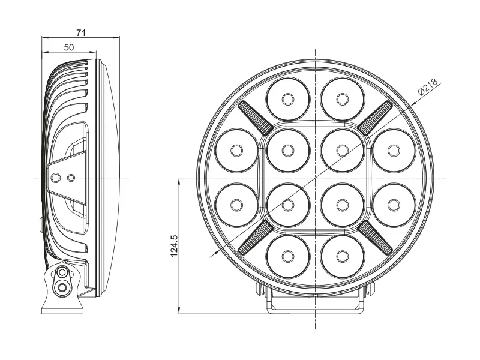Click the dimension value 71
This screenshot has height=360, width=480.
pos(81,33)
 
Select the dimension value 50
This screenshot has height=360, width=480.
pos(69,47)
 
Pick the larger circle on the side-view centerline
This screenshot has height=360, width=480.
pos(56,178)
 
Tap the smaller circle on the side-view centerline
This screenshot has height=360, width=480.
pos(71,178)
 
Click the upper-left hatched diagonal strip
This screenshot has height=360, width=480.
pos(256,117)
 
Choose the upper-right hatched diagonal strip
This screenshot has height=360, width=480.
pos(376,117)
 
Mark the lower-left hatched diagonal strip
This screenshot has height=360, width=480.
pos(256,237)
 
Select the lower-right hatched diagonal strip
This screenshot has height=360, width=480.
pos(376,237)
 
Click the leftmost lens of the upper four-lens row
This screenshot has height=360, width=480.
pos(236,149)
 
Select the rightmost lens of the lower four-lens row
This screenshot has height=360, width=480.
pos(394,205)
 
